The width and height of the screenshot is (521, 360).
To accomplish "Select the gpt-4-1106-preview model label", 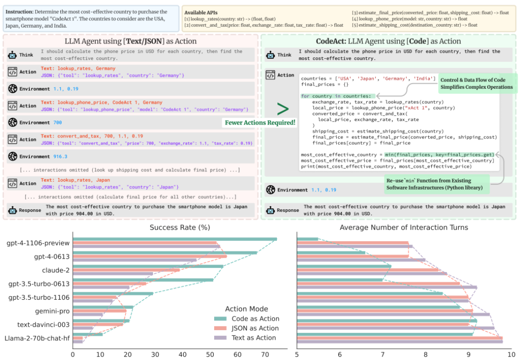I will point(38,243).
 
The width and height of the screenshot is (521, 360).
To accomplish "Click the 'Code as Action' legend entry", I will point(254,318).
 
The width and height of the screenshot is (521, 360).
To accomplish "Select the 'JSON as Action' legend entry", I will point(255,328).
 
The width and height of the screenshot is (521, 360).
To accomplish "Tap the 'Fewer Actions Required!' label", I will point(260,123).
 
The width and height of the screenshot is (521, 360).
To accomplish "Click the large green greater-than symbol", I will point(283,109).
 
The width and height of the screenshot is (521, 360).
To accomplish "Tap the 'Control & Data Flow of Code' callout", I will point(476,80).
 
